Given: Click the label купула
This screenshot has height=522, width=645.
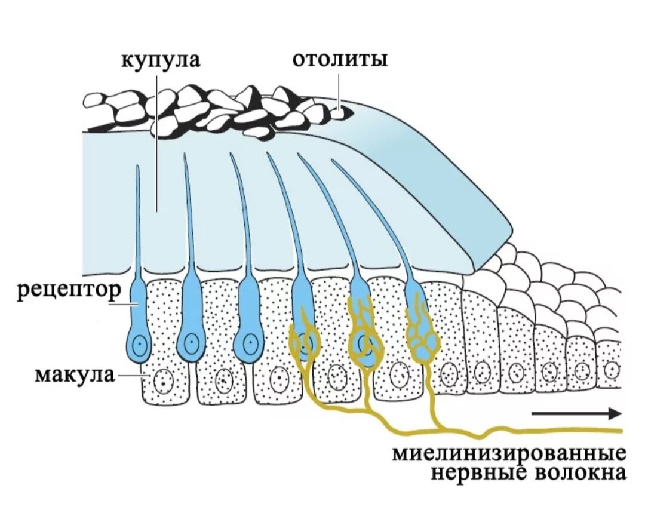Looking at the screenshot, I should [161, 60].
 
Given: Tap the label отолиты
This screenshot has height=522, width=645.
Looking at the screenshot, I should [340, 60].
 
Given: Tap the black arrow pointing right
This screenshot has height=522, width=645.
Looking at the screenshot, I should [576, 413].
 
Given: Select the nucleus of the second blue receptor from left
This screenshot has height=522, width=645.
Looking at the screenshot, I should [192, 343].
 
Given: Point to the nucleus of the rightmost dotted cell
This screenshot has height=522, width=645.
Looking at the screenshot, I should [610, 369].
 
